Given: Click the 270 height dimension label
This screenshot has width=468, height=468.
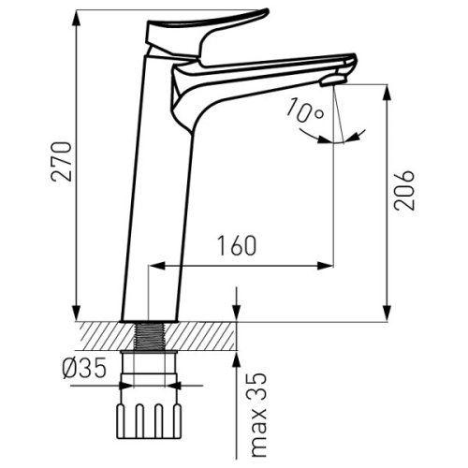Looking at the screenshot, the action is (x=61, y=161).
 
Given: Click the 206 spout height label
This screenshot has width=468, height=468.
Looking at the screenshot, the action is (x=404, y=190).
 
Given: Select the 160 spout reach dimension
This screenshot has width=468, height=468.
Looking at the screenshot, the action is (x=237, y=245).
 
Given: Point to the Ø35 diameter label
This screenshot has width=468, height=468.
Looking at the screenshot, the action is (x=84, y=368).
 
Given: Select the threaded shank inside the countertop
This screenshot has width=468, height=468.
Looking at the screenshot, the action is (x=149, y=336).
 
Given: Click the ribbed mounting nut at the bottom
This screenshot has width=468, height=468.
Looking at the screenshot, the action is (x=149, y=421).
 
